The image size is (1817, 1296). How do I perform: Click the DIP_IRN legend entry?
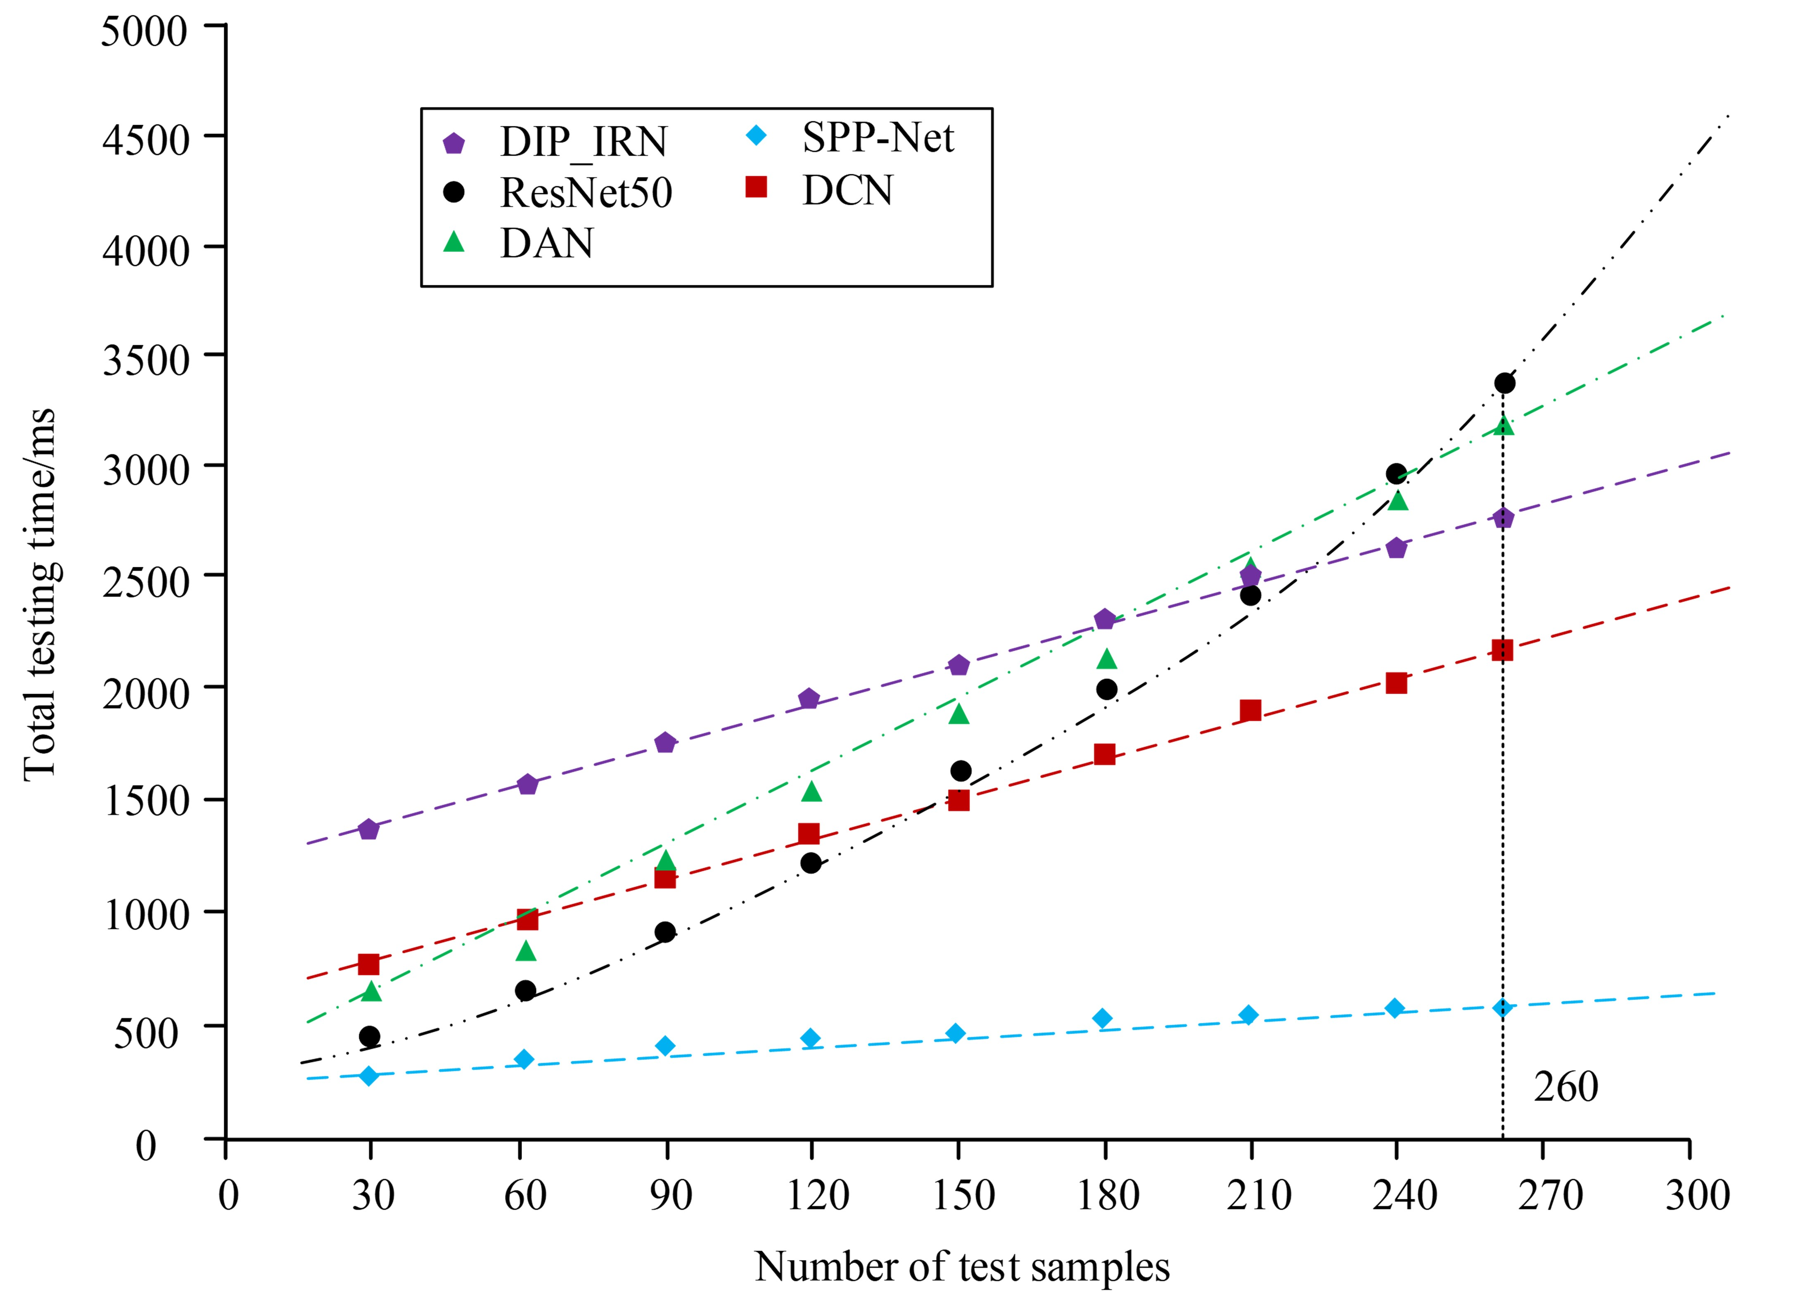[583, 142]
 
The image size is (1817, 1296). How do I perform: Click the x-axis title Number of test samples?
[962, 1266]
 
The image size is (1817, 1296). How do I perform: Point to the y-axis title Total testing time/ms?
[40, 595]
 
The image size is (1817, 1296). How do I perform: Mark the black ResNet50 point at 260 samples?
[1504, 383]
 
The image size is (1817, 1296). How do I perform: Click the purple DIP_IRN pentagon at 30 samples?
[369, 829]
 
